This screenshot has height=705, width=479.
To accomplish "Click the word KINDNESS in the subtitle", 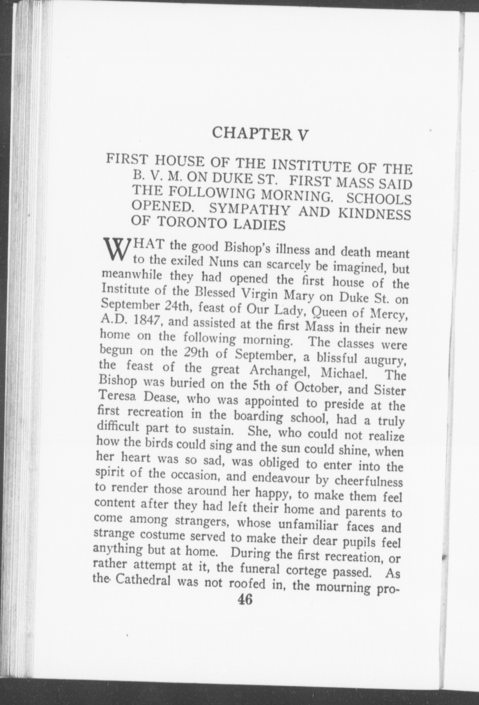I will pyautogui.click(x=374, y=213).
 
